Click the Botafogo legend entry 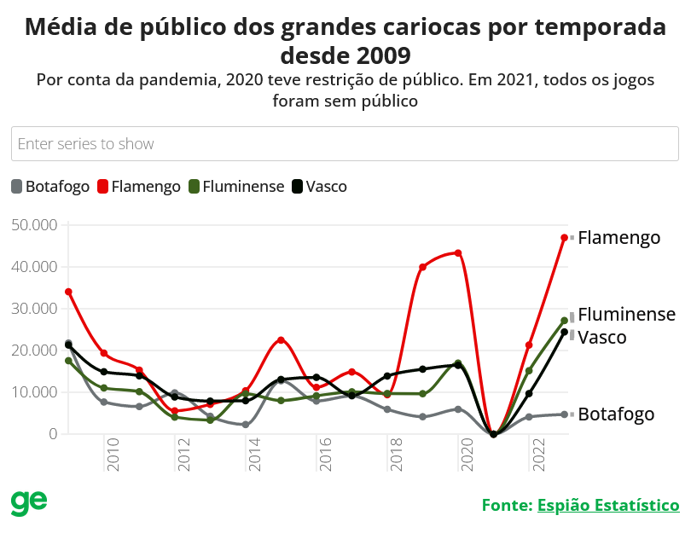(x=50, y=186)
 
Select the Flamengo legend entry (x=140, y=186)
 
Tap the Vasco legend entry (x=319, y=186)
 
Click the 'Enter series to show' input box (x=345, y=143)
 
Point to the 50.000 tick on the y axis (x=35, y=224)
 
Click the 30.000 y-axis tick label (x=35, y=308)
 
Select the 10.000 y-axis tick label (x=35, y=392)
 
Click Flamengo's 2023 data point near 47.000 (x=564, y=237)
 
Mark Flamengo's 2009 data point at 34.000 (x=68, y=292)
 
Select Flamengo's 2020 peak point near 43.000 (x=458, y=253)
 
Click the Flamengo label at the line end (x=618, y=237)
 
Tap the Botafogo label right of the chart (x=616, y=414)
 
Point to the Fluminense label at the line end (x=626, y=315)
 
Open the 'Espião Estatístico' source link (x=608, y=505)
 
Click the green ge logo (x=29, y=503)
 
